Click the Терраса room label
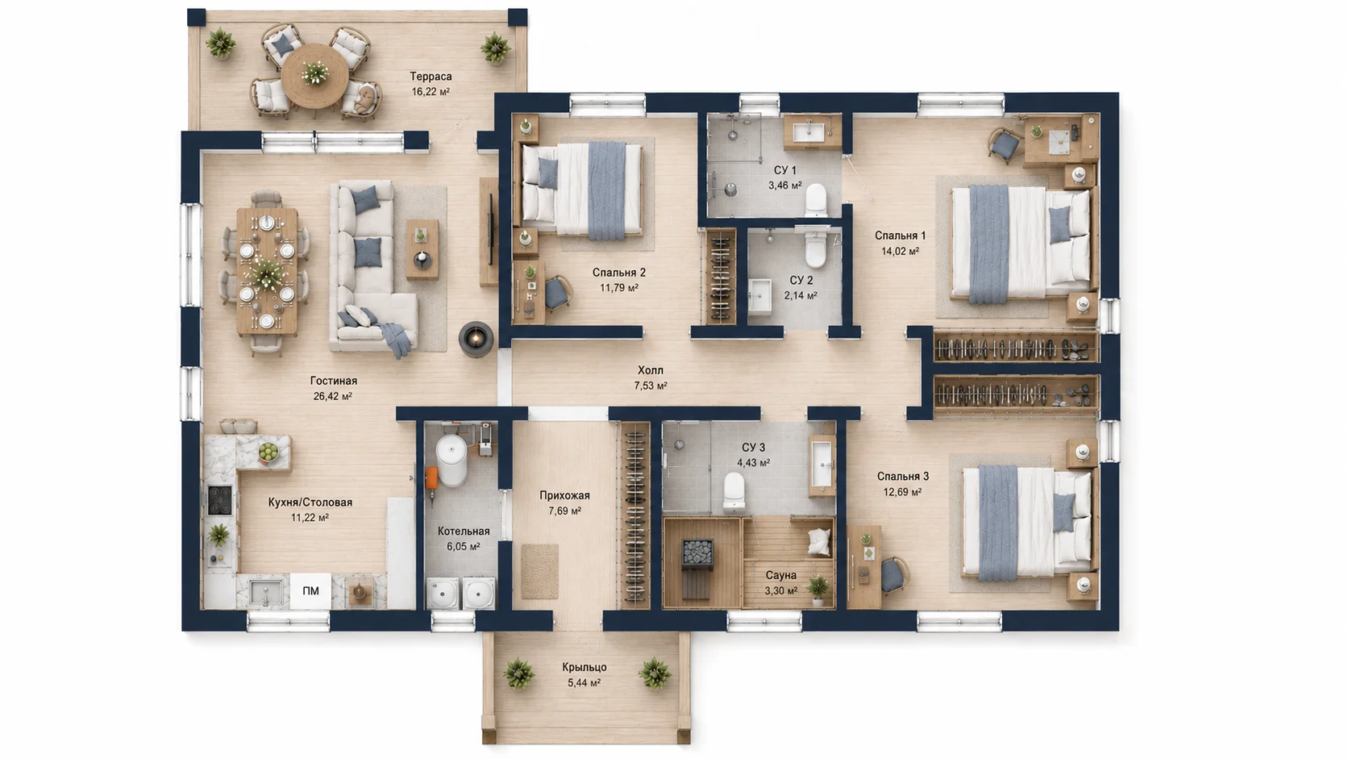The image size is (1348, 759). pos(431,77)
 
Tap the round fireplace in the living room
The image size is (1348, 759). pos(476,339)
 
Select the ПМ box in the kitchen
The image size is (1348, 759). pos(310,591)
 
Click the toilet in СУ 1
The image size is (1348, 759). pos(816,200)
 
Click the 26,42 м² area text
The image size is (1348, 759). pos(333,396)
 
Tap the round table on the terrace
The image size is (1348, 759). pos(314,75)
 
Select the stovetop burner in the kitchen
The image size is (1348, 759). pos(219,500)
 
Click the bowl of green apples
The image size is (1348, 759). pos(269,452)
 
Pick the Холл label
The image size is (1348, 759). pos(651,370)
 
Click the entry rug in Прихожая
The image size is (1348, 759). pos(540,571)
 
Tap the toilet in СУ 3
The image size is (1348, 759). pos(734,491)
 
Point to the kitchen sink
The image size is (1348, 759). pos(265,592)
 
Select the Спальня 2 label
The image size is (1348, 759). pos(618,273)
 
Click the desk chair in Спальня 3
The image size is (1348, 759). pos(894,575)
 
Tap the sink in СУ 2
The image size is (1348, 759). pos(760,296)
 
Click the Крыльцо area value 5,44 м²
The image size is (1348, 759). pos(585,682)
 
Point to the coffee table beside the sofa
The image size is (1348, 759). pos(422,249)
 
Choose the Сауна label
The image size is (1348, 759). pos(781,575)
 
